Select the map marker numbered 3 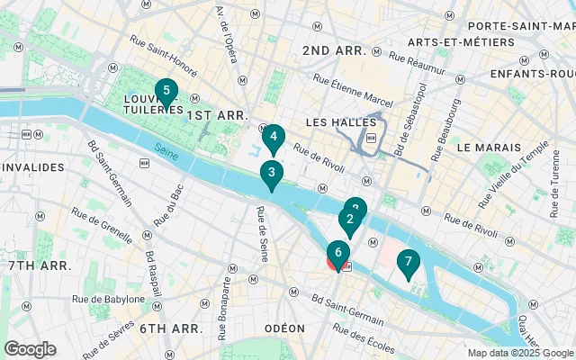click(x=271, y=174)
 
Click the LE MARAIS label click(x=489, y=147)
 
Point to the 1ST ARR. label click(x=217, y=115)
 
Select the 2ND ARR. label click(x=332, y=49)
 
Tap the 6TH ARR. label click(x=167, y=328)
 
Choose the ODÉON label click(x=284, y=328)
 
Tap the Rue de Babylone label click(x=112, y=299)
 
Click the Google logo click(x=30, y=349)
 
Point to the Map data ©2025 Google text click(x=520, y=353)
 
